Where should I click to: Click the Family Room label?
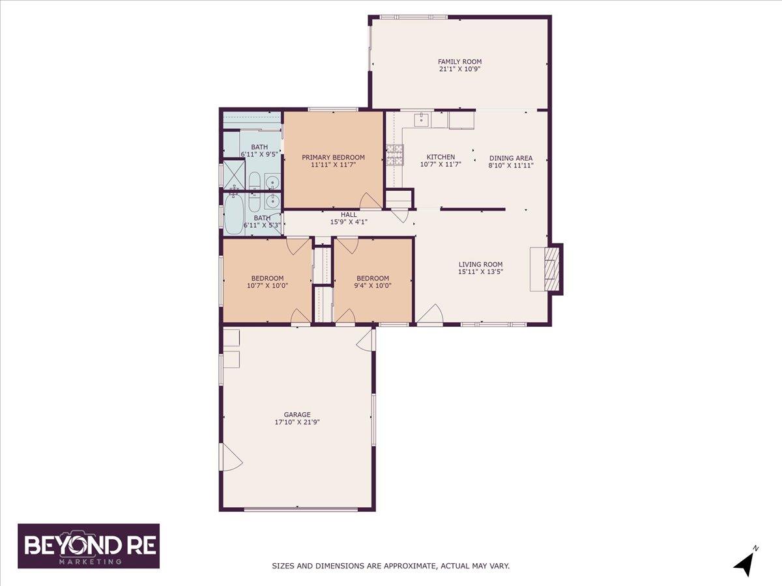pyautogui.click(x=459, y=62)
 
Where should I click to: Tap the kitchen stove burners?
pyautogui.click(x=395, y=155)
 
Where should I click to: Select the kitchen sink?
pyautogui.click(x=422, y=120)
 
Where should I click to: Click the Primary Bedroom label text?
pyautogui.click(x=333, y=158)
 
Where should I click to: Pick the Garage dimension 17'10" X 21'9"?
pyautogui.click(x=297, y=423)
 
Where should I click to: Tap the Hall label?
pyautogui.click(x=349, y=215)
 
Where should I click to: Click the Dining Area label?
pyautogui.click(x=511, y=158)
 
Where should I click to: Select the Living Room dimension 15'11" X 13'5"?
pyautogui.click(x=480, y=272)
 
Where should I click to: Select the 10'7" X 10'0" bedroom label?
pyautogui.click(x=268, y=282)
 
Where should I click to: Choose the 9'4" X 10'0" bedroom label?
pyautogui.click(x=373, y=282)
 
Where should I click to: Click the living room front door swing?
pyautogui.click(x=430, y=314)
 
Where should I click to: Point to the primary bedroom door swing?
pyautogui.click(x=371, y=201)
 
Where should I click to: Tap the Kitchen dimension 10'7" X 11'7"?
pyautogui.click(x=441, y=164)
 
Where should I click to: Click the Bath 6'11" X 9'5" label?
pyautogui.click(x=259, y=150)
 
